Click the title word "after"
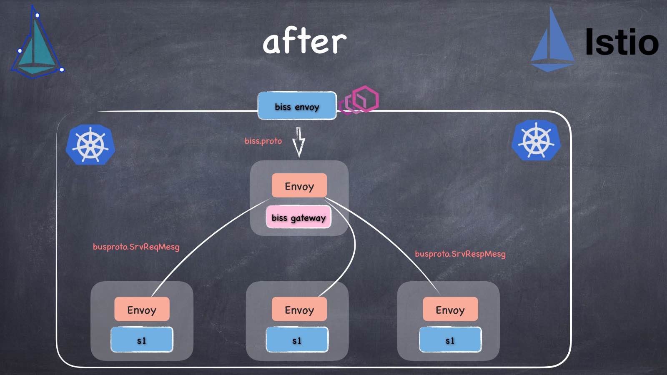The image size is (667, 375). point(304,42)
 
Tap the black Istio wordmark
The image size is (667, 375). point(621,42)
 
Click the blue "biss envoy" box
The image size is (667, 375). point(297,106)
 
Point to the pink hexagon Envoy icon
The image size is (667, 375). point(360,100)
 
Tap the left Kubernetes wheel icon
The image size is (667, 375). point(90,144)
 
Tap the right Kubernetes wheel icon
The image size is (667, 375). point(536,140)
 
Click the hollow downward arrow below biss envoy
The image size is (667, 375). point(298,142)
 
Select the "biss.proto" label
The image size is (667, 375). point(263,141)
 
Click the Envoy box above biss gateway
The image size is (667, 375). point(299,186)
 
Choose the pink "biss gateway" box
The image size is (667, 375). point(298,217)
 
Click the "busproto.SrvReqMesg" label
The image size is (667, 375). point(136,247)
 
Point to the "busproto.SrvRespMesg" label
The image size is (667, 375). point(460,254)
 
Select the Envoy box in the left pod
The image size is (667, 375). point(142,310)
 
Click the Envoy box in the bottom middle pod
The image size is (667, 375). point(299,310)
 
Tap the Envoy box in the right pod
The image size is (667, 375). point(450,310)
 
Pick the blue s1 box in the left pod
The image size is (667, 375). point(142,340)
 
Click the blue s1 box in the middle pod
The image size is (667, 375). point(297,340)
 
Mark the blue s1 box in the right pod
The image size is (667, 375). point(450,340)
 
